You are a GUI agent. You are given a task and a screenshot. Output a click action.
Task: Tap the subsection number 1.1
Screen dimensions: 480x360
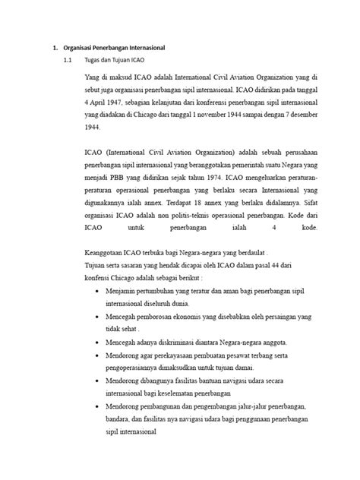[68, 59]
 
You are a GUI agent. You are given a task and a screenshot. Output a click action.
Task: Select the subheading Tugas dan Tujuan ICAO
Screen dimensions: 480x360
[115, 59]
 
